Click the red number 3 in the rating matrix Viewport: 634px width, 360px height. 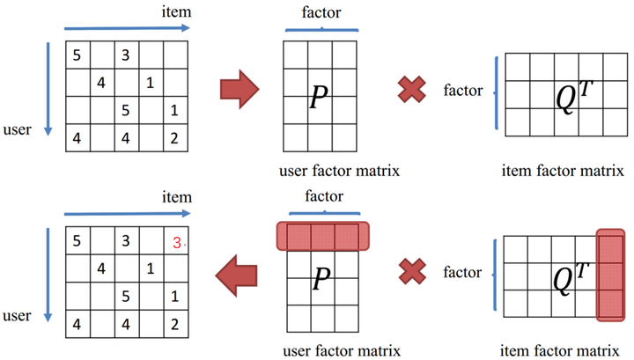coord(177,242)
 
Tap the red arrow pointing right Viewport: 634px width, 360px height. coord(240,89)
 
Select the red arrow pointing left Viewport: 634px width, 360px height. coord(237,276)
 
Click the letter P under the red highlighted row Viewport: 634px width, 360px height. coord(322,278)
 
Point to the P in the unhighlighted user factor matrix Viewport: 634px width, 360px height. coord(319,97)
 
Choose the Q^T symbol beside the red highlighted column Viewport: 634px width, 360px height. coord(571,279)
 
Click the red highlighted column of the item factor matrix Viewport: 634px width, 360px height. coord(611,276)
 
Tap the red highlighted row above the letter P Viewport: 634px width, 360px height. coord(323,236)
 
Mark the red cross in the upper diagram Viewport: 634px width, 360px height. coord(411,89)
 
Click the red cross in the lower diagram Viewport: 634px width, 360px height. coord(412,271)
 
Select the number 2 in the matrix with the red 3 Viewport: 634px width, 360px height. coord(174,324)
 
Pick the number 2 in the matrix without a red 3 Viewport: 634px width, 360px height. coord(174,138)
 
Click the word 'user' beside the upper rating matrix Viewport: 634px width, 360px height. coord(17,129)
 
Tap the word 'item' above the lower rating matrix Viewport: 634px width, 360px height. coord(177,197)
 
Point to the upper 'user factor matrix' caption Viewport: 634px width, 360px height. coord(339,171)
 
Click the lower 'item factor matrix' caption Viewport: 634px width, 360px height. coord(560,350)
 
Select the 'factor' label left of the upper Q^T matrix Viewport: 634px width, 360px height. coord(463,90)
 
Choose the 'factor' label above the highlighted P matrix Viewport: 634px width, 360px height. coord(324,196)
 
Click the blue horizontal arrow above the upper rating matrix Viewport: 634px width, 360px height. coord(127,28)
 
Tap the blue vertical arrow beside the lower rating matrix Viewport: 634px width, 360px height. coord(48,276)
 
